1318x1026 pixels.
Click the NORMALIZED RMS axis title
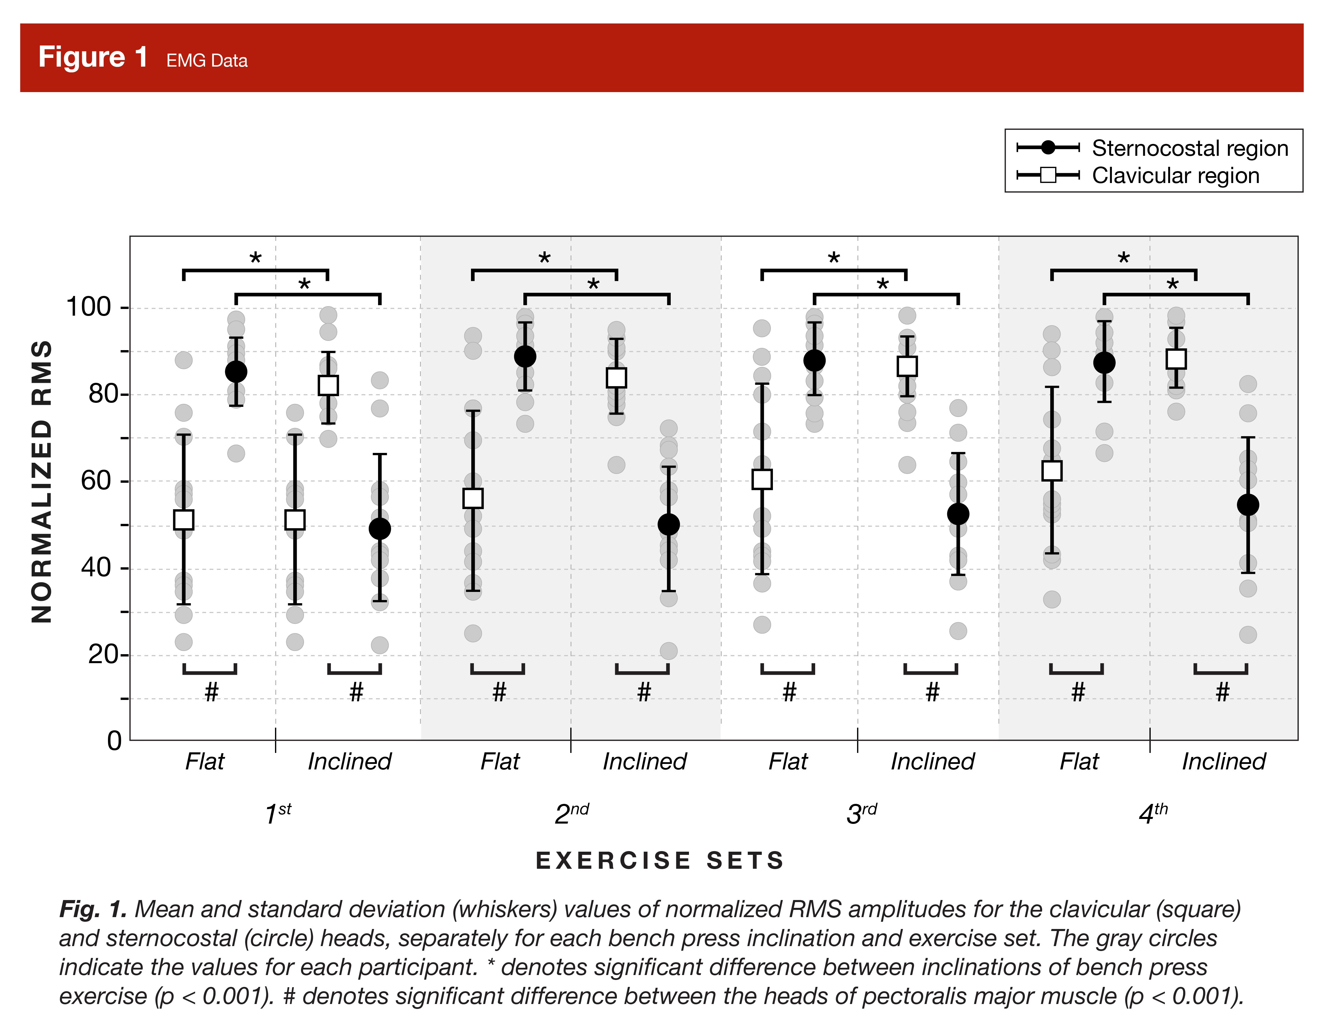42,481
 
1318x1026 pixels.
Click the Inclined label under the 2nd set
644,762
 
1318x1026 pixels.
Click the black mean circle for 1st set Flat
236,372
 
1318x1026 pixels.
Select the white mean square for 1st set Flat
184,520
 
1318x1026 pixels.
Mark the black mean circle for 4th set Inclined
1248,504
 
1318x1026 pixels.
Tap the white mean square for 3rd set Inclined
907,366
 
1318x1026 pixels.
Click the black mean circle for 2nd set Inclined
669,524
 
